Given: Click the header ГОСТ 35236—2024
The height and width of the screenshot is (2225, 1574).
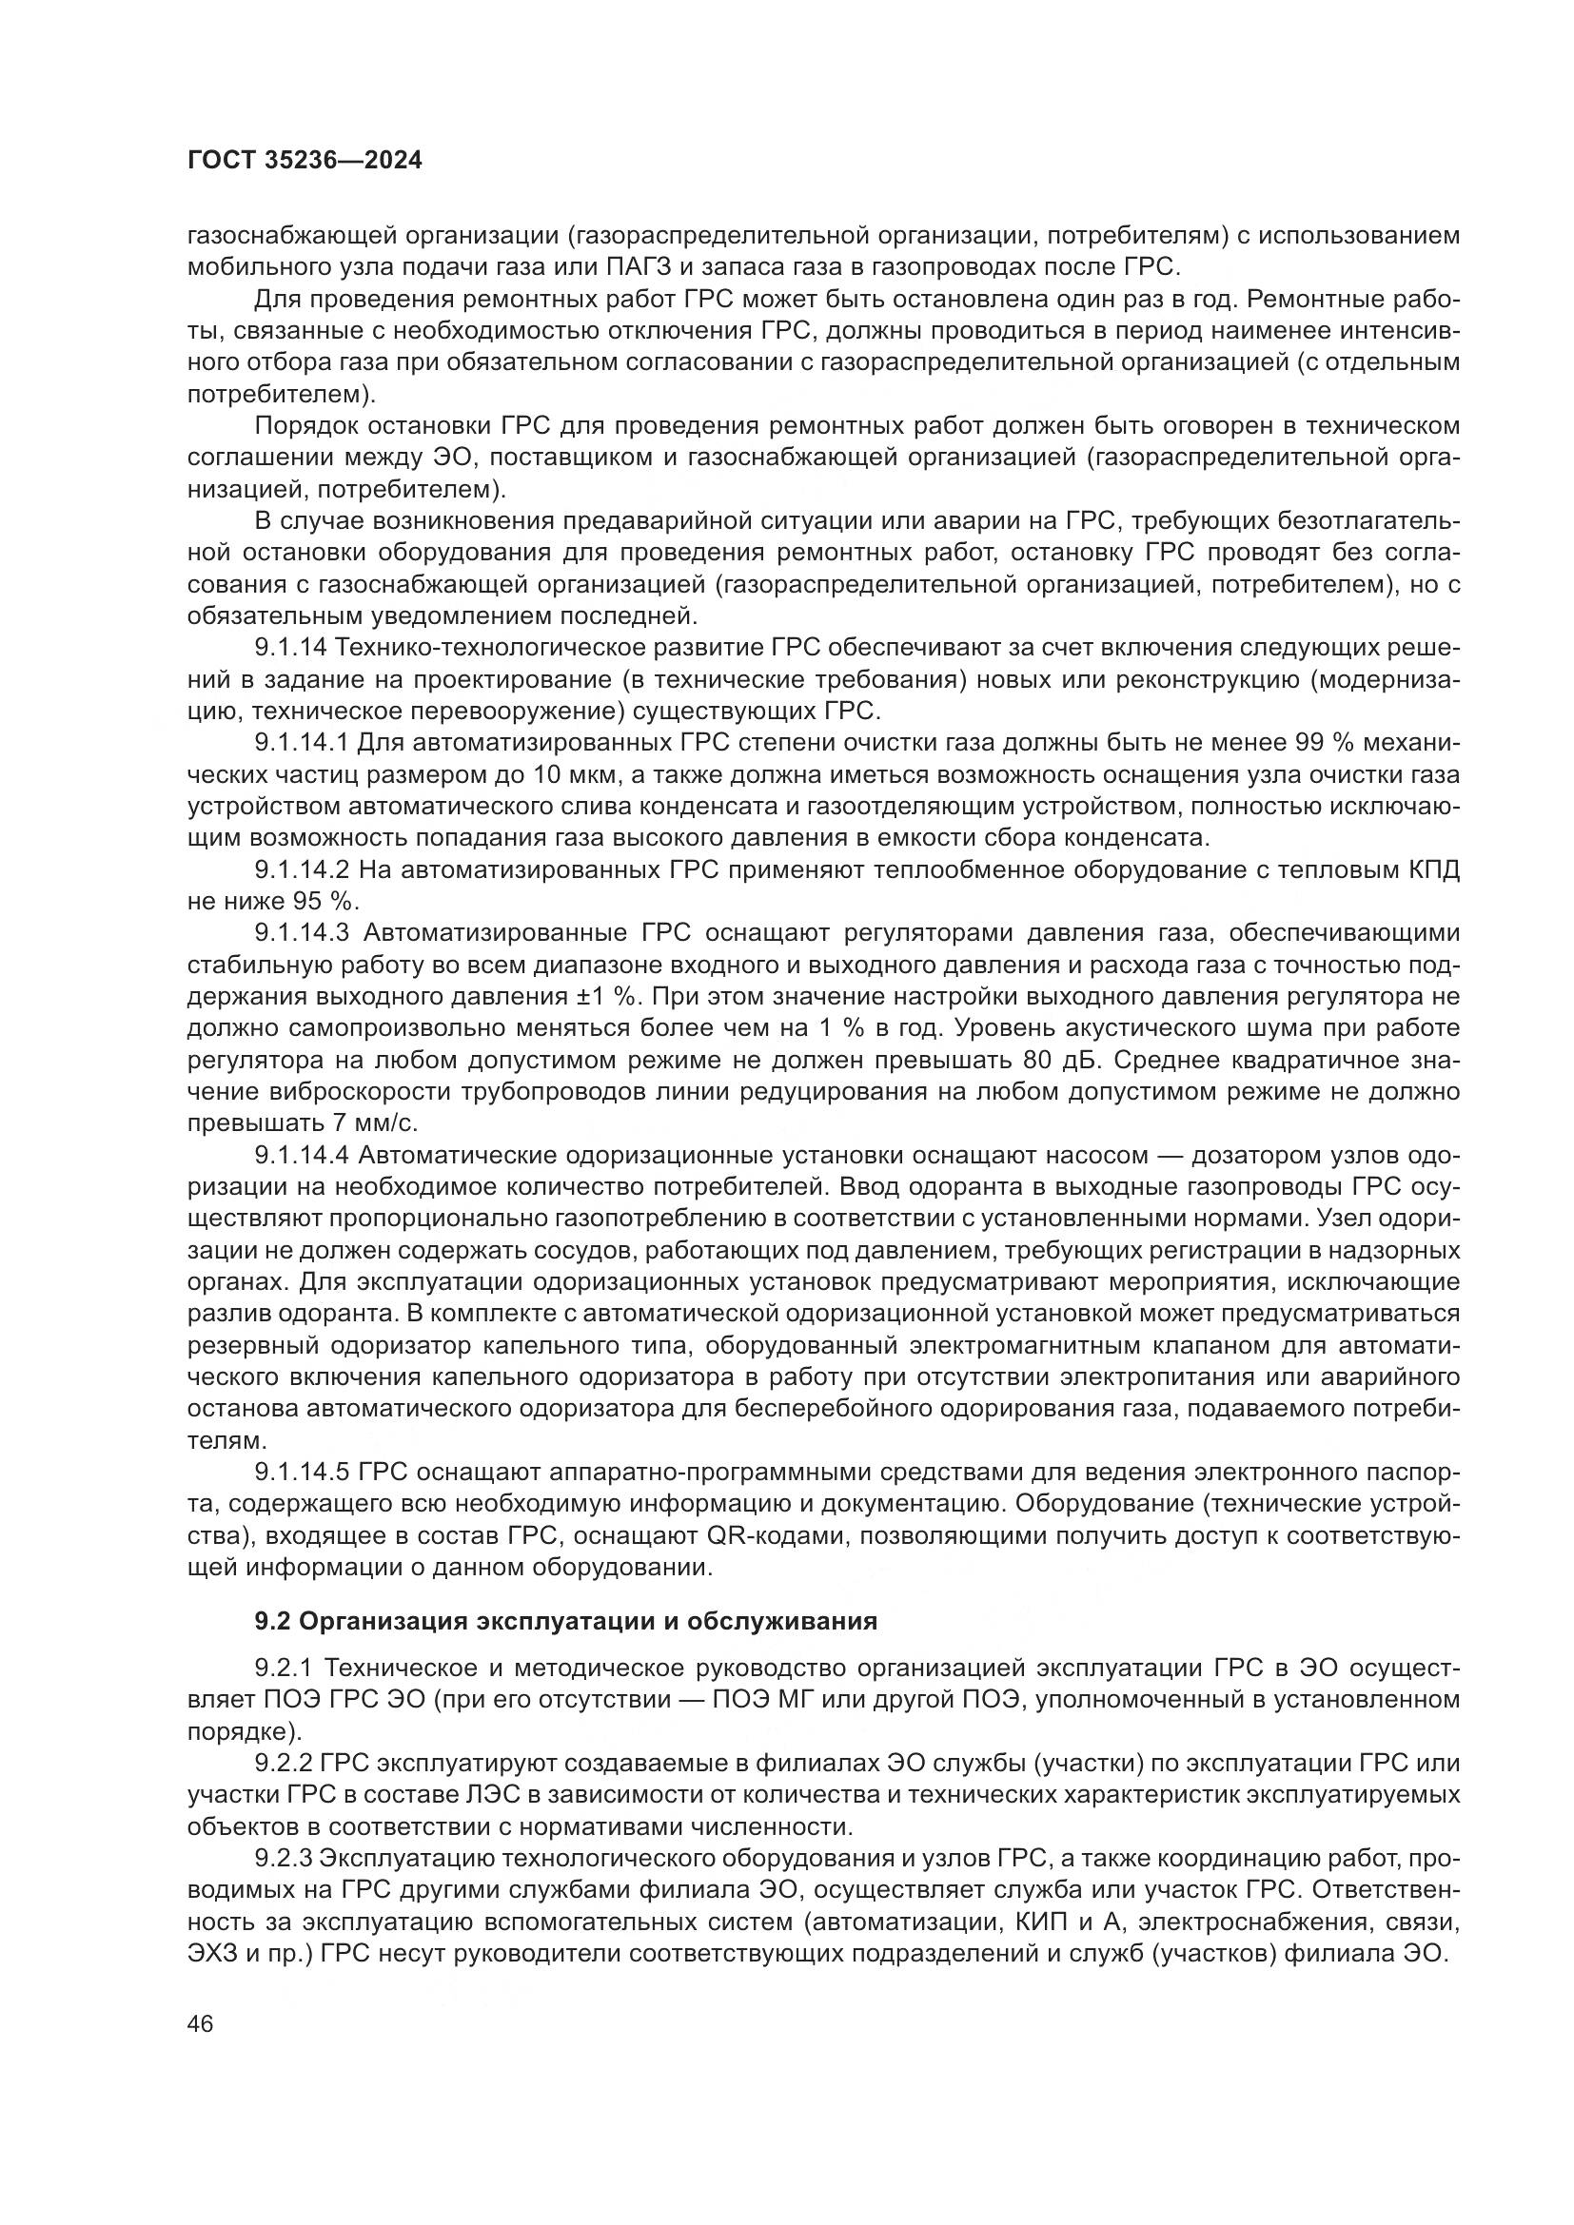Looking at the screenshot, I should pyautogui.click(x=305, y=161).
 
